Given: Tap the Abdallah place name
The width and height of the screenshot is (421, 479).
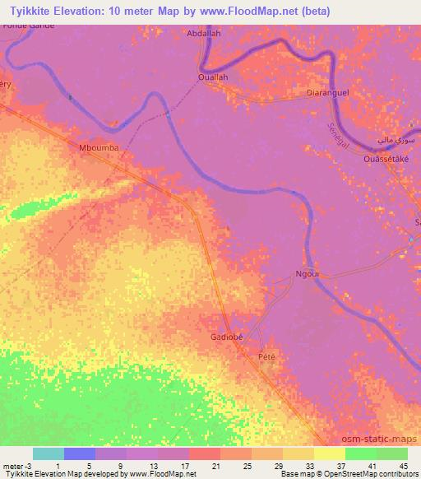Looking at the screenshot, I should (x=205, y=35).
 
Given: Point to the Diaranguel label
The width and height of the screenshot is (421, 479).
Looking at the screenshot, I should (x=327, y=93).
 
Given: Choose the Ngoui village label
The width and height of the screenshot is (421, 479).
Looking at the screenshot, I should (x=306, y=274).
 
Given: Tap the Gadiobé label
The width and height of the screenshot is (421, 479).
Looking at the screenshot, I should (x=225, y=337).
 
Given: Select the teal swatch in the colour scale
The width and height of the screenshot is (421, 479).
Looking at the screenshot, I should (x=49, y=453).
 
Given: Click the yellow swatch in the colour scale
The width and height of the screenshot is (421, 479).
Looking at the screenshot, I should (x=329, y=453).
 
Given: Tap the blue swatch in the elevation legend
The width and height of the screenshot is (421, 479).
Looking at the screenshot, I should (x=80, y=453).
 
